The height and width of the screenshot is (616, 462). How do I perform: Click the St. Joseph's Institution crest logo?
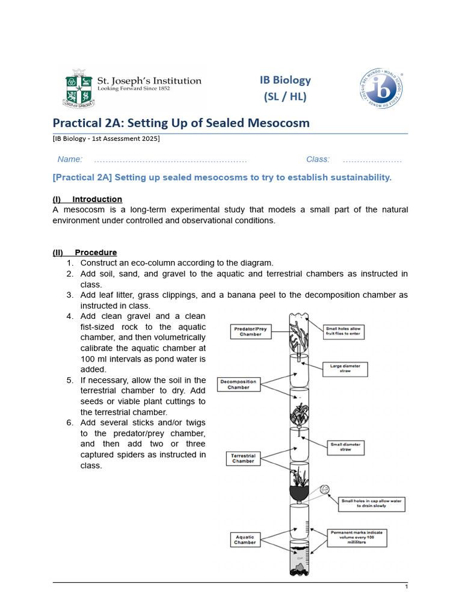tap(79, 88)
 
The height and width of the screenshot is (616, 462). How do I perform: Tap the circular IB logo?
tap(381, 88)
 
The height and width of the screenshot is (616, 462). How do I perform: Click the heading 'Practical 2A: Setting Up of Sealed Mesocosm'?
tap(181, 123)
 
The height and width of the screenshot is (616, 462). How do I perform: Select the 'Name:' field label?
tap(70, 159)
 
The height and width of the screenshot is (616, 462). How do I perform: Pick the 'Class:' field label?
tap(318, 159)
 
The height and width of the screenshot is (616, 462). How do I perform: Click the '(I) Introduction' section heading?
tap(87, 199)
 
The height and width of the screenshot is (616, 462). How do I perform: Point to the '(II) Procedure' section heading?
tap(85, 253)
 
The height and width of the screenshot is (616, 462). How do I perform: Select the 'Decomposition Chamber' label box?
tap(238, 384)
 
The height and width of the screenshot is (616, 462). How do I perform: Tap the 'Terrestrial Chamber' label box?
tap(243, 458)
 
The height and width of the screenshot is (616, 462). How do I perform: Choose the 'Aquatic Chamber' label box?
tap(245, 540)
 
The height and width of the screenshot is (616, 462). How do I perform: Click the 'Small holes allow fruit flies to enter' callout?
tap(345, 331)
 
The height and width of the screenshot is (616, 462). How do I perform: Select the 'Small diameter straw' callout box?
tap(345, 447)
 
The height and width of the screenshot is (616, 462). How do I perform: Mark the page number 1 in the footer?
tap(407, 587)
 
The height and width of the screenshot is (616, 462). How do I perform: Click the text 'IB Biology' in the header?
tap(285, 80)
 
